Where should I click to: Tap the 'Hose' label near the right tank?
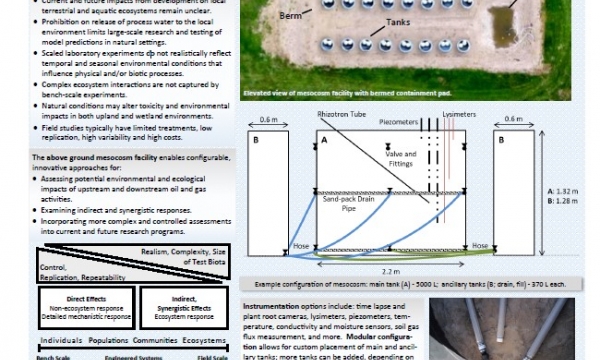coord(480,245)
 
